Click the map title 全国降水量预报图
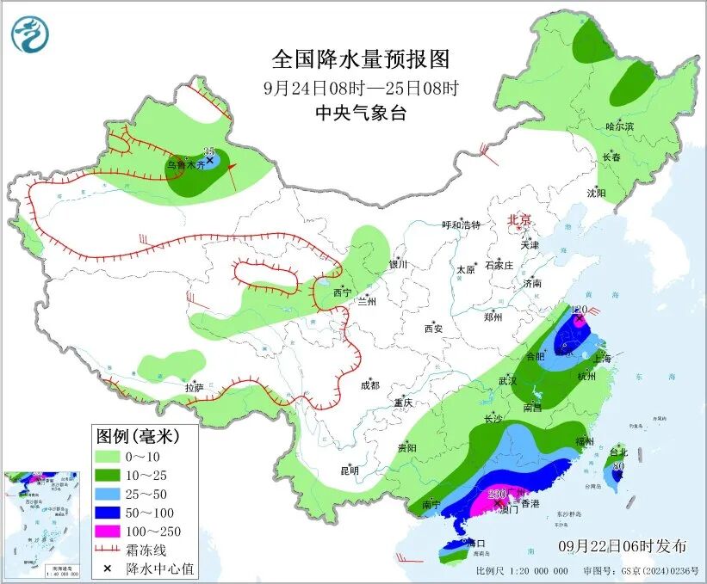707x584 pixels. [x=361, y=59]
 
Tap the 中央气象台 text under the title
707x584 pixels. [x=360, y=114]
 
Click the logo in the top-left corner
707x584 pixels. [x=30, y=34]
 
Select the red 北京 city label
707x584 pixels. [x=520, y=220]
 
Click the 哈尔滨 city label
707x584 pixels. [x=619, y=126]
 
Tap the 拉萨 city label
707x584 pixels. [x=195, y=388]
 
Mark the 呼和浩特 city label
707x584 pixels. [x=461, y=224]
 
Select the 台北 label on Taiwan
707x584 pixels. [x=619, y=452]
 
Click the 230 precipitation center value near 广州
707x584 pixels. [x=497, y=494]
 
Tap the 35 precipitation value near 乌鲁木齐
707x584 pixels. [x=208, y=151]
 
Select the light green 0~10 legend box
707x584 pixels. [x=112, y=456]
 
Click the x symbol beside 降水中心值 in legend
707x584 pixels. [x=107, y=569]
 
